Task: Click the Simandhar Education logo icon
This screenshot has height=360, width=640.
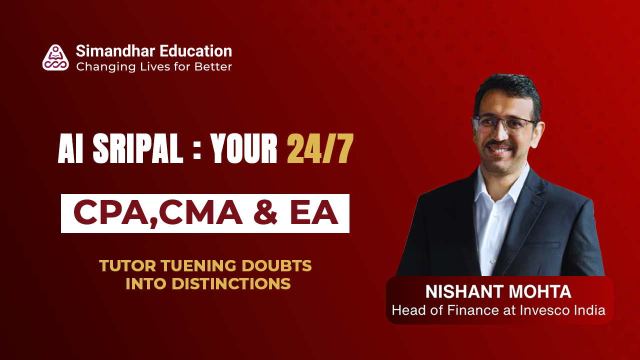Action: [x=55, y=57]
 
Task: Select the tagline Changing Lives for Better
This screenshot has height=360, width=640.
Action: [x=154, y=66]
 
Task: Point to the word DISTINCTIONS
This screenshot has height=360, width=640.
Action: [x=231, y=283]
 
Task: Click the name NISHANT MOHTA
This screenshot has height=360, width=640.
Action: [x=498, y=291]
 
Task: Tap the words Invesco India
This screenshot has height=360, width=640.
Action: [x=568, y=310]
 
